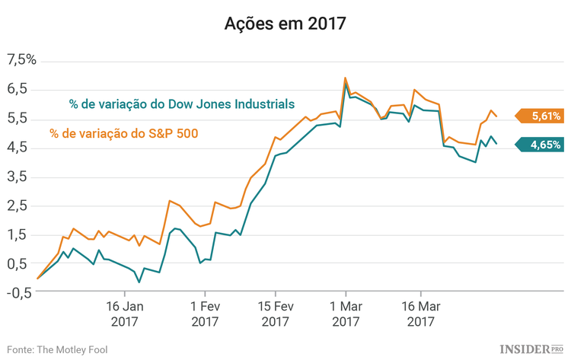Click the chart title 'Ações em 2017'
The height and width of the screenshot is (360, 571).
click(285, 23)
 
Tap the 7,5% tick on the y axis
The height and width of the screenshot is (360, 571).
click(21, 60)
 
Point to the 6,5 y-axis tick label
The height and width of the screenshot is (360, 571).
click(18, 89)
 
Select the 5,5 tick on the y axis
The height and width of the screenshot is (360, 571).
click(18, 118)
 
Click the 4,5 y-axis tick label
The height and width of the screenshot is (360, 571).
click(18, 148)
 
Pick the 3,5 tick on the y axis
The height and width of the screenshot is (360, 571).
click(18, 177)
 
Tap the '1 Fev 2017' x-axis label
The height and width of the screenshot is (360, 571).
click(204, 315)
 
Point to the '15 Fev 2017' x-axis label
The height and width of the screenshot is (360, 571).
click(275, 315)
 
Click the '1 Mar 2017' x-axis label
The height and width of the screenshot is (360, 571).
click(346, 315)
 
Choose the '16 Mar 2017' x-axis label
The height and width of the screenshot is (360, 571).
click(421, 315)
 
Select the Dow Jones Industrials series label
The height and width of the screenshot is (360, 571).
click(182, 104)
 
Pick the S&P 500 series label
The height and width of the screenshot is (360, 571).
click(123, 134)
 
